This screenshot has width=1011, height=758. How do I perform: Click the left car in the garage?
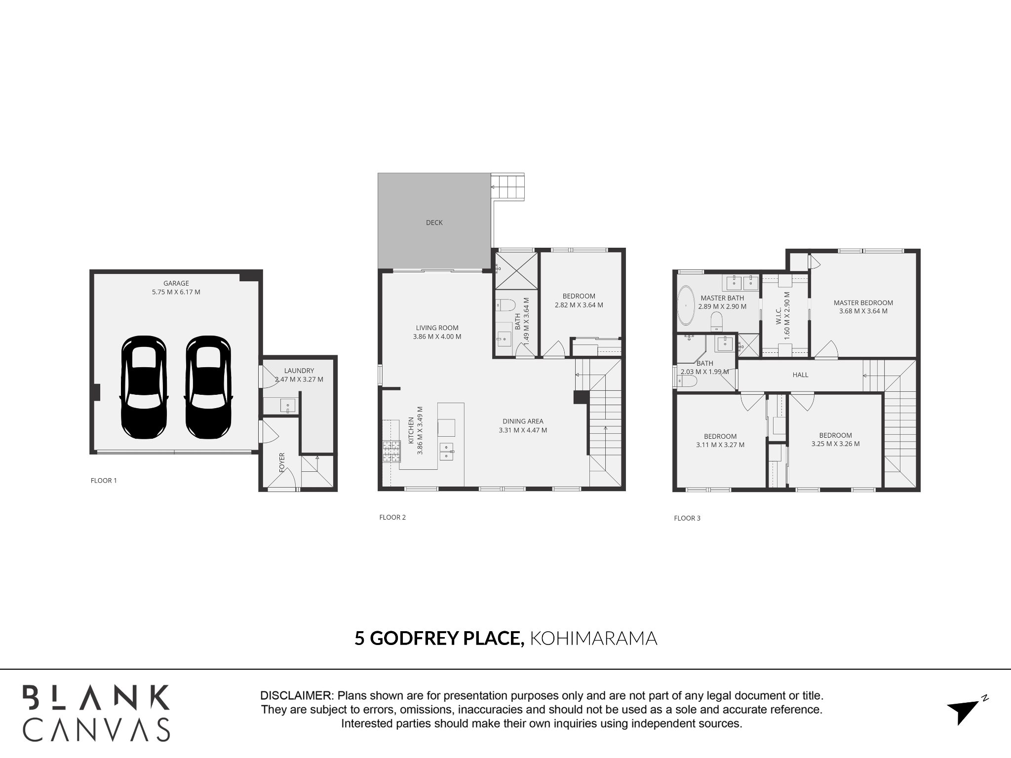pos(144,387)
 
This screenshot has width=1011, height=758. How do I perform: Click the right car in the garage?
pos(208,387)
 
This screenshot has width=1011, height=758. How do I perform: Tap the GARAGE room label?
pos(176,283)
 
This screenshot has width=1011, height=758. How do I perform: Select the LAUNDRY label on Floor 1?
pos(299,371)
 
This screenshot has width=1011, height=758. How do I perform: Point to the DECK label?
pos(434,223)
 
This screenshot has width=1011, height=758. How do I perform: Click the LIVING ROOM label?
pos(437,328)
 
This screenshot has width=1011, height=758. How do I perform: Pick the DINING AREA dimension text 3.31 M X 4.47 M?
pos(523,430)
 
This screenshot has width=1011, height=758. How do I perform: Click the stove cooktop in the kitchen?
pos(391,451)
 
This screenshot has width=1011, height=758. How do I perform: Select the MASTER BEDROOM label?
pos(863,303)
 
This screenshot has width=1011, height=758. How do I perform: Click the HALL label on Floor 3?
pos(800,375)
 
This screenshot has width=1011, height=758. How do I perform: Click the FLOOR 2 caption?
pos(392,517)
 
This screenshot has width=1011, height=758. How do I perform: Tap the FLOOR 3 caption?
pos(687,518)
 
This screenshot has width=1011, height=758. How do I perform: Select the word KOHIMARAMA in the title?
pos(593,638)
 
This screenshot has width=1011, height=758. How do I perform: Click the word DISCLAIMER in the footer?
pos(296,696)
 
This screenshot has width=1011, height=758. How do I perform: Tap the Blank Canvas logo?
pos(96,713)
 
